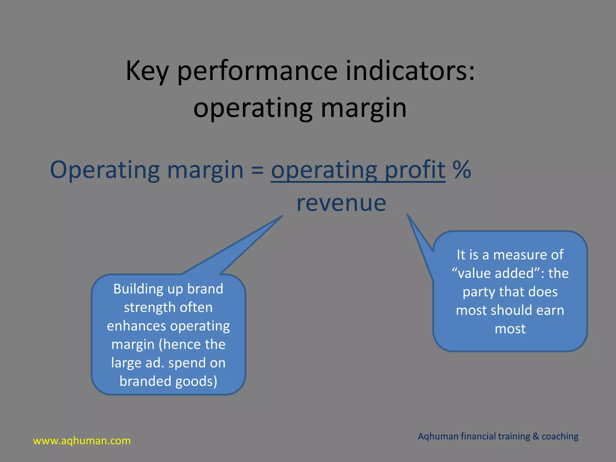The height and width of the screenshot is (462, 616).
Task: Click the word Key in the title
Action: pyautogui.click(x=147, y=71)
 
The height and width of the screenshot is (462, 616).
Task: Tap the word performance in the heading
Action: pyautogui.click(x=257, y=72)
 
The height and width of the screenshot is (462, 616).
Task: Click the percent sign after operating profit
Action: pyautogui.click(x=461, y=170)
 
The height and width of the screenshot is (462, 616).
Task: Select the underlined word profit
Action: pyautogui.click(x=415, y=170)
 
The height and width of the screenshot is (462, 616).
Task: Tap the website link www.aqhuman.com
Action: pyautogui.click(x=82, y=441)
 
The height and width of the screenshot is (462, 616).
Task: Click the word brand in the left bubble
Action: pyautogui.click(x=205, y=289)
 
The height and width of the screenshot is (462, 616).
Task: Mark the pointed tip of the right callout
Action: pyautogui.click(x=408, y=215)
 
